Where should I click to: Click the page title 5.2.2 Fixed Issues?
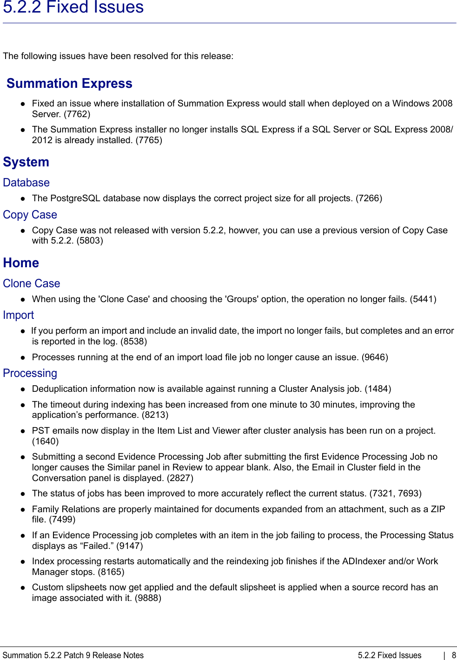[x=73, y=7]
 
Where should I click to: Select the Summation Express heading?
[x=69, y=83]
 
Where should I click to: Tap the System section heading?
[x=26, y=162]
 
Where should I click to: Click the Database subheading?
[x=26, y=183]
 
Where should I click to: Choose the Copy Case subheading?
[x=30, y=215]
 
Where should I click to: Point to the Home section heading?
[x=21, y=263]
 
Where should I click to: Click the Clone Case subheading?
[x=31, y=284]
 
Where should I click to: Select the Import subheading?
[x=18, y=315]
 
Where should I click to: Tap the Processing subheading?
[x=30, y=373]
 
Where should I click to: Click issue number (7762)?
[x=77, y=114]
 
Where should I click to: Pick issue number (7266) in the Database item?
[x=369, y=198]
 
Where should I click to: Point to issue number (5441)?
[x=423, y=299]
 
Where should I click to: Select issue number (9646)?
[x=375, y=357]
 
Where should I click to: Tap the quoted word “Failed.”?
[x=96, y=546]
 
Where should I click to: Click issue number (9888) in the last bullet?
[x=148, y=598]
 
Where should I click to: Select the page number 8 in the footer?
[x=454, y=655]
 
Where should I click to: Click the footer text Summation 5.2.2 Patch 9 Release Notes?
[x=73, y=655]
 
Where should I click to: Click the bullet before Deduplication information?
[x=22, y=389]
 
